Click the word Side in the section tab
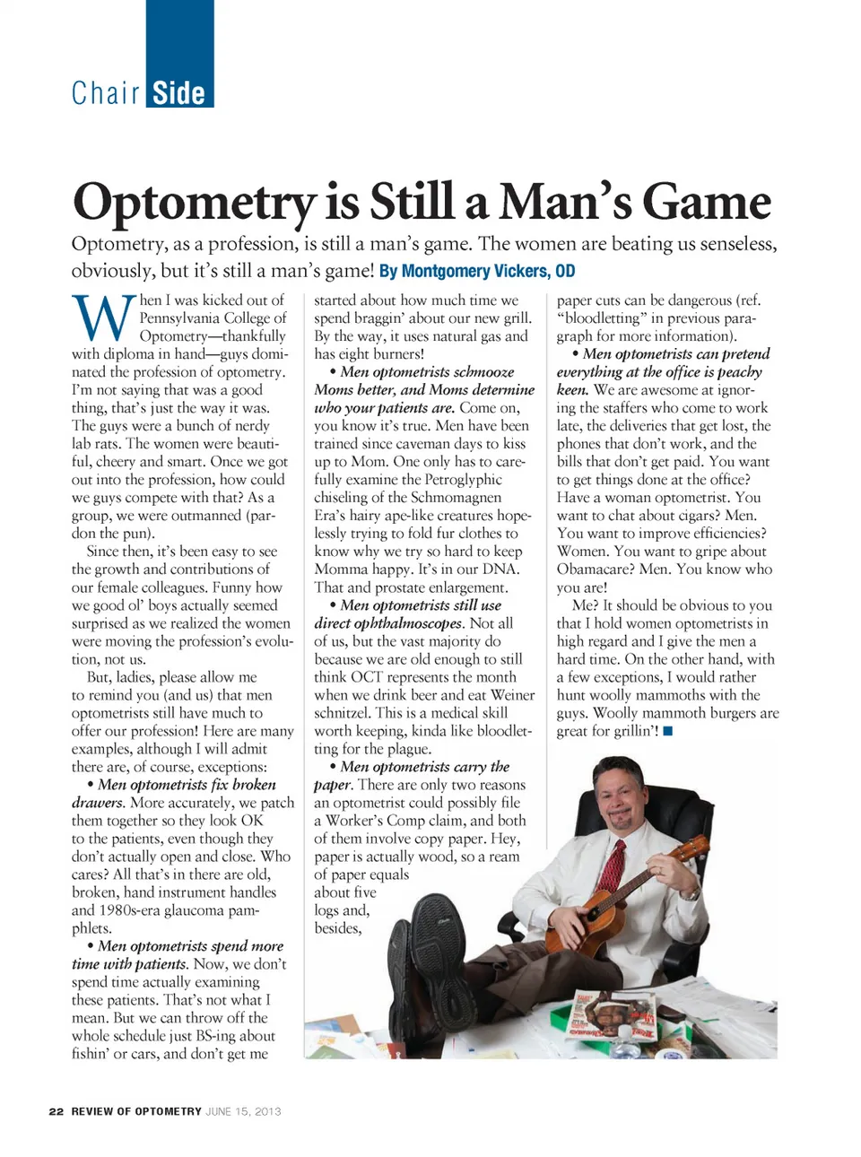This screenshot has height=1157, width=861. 178,93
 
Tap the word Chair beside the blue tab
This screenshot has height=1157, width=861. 106,93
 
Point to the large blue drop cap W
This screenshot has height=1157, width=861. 103,318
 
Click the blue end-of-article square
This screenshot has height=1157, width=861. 667,731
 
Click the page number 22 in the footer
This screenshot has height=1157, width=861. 57,1111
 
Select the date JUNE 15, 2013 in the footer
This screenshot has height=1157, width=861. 243,1111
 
